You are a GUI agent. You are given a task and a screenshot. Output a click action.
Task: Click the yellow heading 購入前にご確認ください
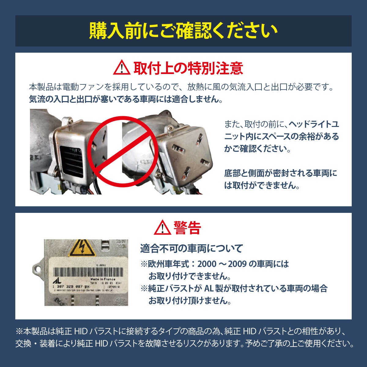tap(183, 31)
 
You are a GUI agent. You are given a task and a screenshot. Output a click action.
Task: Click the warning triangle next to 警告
tap(162, 228)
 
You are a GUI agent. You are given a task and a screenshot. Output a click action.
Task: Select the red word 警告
tap(187, 228)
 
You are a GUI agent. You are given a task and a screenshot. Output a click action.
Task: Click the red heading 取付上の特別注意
tap(188, 68)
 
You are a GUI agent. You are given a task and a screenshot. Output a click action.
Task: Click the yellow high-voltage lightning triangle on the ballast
tap(82, 247)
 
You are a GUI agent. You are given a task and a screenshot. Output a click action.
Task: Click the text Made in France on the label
tap(103, 279)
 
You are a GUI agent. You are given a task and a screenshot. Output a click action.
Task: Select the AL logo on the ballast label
tap(57, 280)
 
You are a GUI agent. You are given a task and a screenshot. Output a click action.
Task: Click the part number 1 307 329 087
tap(68, 286)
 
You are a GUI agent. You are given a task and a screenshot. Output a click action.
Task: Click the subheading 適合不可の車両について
tap(191, 248)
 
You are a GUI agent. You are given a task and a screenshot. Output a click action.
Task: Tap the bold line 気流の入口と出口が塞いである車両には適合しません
tap(125, 99)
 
